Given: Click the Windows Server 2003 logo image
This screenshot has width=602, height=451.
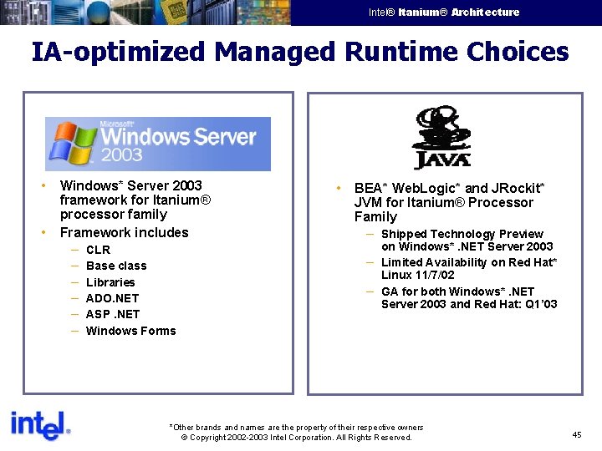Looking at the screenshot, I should click(158, 144).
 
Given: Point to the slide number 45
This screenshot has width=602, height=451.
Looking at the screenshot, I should click(577, 434).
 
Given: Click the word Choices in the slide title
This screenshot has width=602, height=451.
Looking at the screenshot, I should click(518, 52).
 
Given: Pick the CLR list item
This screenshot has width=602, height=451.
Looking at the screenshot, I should click(98, 250).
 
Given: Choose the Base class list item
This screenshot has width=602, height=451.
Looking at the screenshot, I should click(116, 266).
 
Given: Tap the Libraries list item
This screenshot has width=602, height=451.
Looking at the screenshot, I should click(110, 282).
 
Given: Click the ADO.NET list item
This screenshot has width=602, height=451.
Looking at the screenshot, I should click(112, 298).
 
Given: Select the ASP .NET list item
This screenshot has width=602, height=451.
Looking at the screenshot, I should click(113, 314).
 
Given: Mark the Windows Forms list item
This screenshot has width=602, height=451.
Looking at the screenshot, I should click(130, 331).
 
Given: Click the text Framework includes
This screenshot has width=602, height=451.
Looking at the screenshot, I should click(124, 233).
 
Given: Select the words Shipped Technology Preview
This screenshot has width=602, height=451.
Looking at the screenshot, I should click(462, 234).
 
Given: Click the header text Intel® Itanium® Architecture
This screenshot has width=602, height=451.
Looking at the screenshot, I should click(443, 13).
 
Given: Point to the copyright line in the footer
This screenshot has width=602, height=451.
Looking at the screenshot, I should click(297, 438).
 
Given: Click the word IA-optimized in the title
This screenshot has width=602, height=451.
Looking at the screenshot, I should click(117, 52).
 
